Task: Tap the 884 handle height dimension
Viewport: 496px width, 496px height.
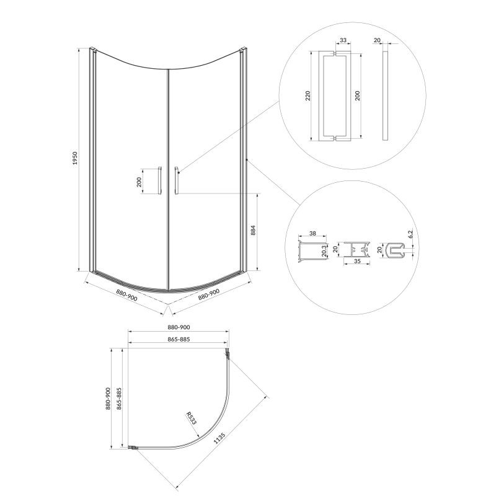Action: click(x=253, y=230)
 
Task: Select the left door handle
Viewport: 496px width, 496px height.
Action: click(x=160, y=179)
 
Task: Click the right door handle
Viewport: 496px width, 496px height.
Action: click(x=177, y=179)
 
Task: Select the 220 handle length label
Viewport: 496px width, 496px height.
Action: click(x=308, y=95)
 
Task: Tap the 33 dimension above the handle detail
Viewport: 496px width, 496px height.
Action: click(x=343, y=40)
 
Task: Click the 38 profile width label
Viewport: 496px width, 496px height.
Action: click(x=312, y=234)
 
